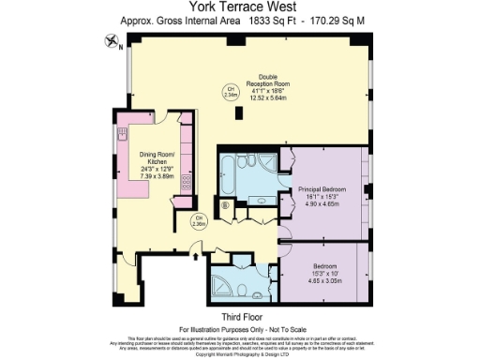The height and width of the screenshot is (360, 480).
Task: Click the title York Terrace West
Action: (x=240, y=7)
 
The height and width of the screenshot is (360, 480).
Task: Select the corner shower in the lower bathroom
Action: (x=224, y=282)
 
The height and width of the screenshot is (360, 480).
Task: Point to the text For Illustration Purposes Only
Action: (x=240, y=329)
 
